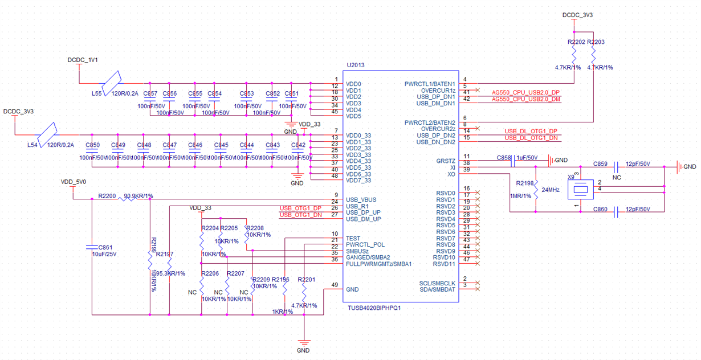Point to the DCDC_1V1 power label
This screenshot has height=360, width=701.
click(83, 59)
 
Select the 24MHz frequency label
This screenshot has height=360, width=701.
click(551, 189)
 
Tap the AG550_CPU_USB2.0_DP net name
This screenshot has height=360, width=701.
click(525, 92)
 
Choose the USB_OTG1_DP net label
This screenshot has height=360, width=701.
click(300, 208)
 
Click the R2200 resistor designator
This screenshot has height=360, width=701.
click(107, 196)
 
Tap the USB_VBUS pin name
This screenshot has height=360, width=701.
click(361, 200)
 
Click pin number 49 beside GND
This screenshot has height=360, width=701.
click(335, 284)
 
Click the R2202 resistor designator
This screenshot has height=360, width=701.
click(576, 43)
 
